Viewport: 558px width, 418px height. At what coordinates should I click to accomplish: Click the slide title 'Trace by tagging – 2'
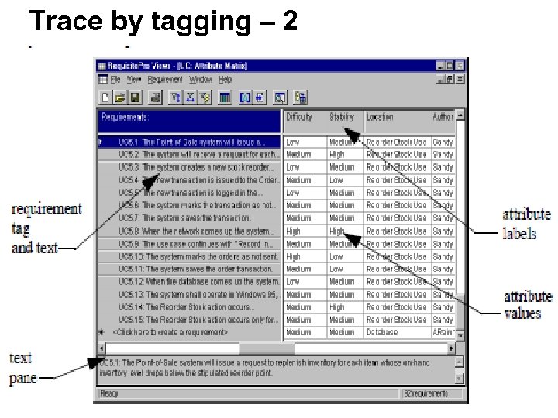click(163, 21)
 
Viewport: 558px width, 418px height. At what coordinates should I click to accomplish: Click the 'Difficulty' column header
click(299, 118)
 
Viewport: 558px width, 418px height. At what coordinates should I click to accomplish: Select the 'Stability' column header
click(342, 118)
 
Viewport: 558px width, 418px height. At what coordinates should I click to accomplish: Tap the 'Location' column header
click(380, 118)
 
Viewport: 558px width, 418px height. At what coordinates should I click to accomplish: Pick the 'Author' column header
click(443, 118)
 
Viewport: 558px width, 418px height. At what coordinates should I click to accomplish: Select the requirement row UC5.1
click(191, 142)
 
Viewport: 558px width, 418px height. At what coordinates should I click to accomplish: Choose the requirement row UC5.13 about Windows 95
click(198, 295)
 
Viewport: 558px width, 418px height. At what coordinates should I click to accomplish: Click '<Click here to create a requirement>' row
click(170, 333)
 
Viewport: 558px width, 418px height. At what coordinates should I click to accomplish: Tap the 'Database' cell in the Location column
click(381, 333)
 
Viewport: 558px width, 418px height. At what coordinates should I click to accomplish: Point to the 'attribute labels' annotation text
click(526, 224)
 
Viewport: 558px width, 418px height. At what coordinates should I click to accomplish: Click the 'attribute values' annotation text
click(526, 304)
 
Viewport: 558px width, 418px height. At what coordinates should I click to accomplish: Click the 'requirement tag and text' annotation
click(46, 228)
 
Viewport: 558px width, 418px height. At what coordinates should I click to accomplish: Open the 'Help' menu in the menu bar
click(225, 80)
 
